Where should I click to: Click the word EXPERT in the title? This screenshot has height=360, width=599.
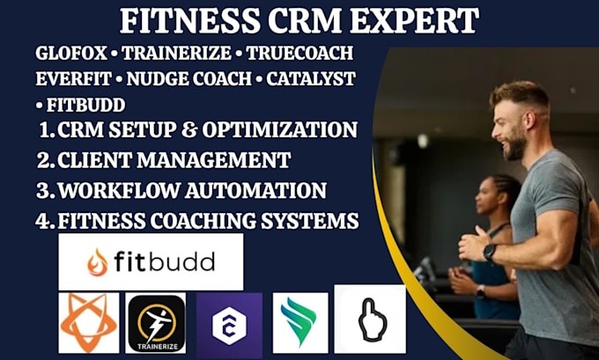[414, 21]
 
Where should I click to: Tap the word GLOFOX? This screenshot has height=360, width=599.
[71, 53]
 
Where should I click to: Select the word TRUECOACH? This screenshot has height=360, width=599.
[299, 53]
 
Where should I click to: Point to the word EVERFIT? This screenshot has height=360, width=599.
[73, 79]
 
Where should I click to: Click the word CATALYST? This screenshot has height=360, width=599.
[311, 79]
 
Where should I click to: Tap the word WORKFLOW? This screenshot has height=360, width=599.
[118, 190]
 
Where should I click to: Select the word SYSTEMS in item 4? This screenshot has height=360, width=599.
[310, 221]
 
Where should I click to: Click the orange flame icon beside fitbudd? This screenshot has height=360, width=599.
[98, 262]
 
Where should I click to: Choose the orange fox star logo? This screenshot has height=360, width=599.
[89, 323]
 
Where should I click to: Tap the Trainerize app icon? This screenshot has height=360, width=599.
[156, 323]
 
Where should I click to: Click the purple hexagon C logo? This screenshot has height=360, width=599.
[229, 326]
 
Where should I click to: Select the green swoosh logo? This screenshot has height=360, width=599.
[300, 322]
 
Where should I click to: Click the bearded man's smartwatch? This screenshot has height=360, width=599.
[490, 252]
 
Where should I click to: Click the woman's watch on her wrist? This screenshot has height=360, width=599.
[480, 291]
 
